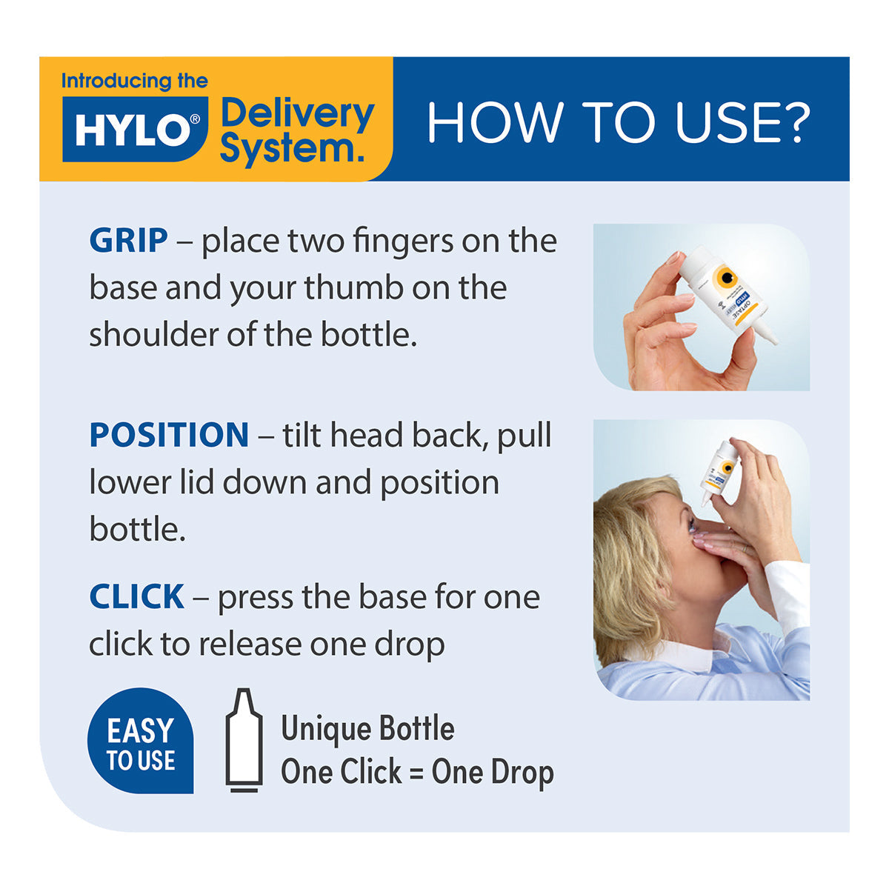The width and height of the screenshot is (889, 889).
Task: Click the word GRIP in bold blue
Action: point(128,242)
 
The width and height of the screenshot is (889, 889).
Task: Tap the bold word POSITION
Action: point(169,435)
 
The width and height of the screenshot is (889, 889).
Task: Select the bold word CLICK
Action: point(137,597)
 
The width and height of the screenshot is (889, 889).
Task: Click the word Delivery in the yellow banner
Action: point(298,114)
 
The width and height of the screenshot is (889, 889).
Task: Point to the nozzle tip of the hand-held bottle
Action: point(773,341)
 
